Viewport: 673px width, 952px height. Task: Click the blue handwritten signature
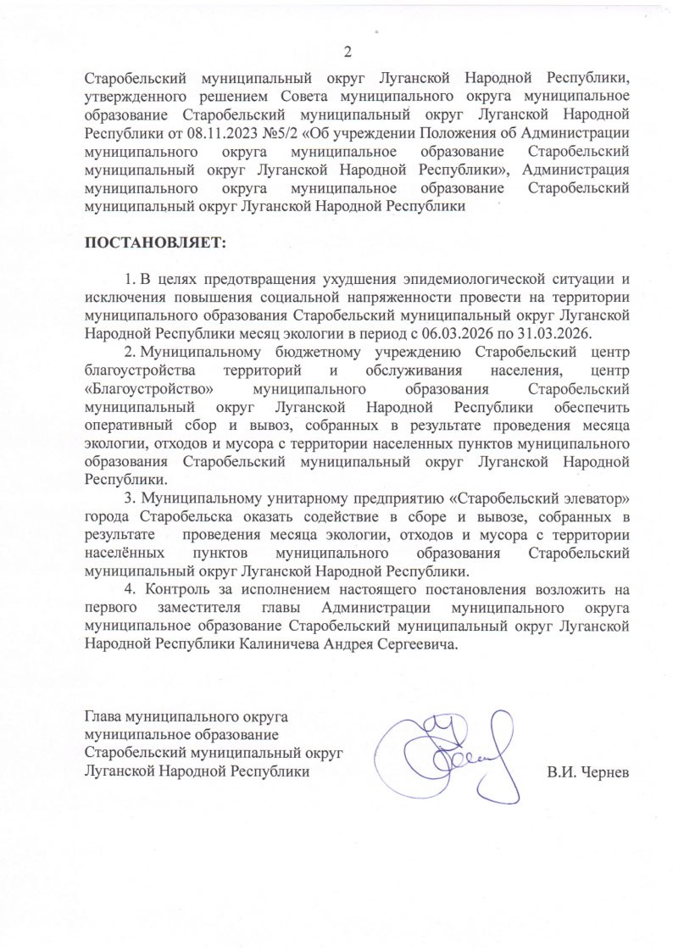[x=445, y=750]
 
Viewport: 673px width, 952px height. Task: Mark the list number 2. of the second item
[x=131, y=351]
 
